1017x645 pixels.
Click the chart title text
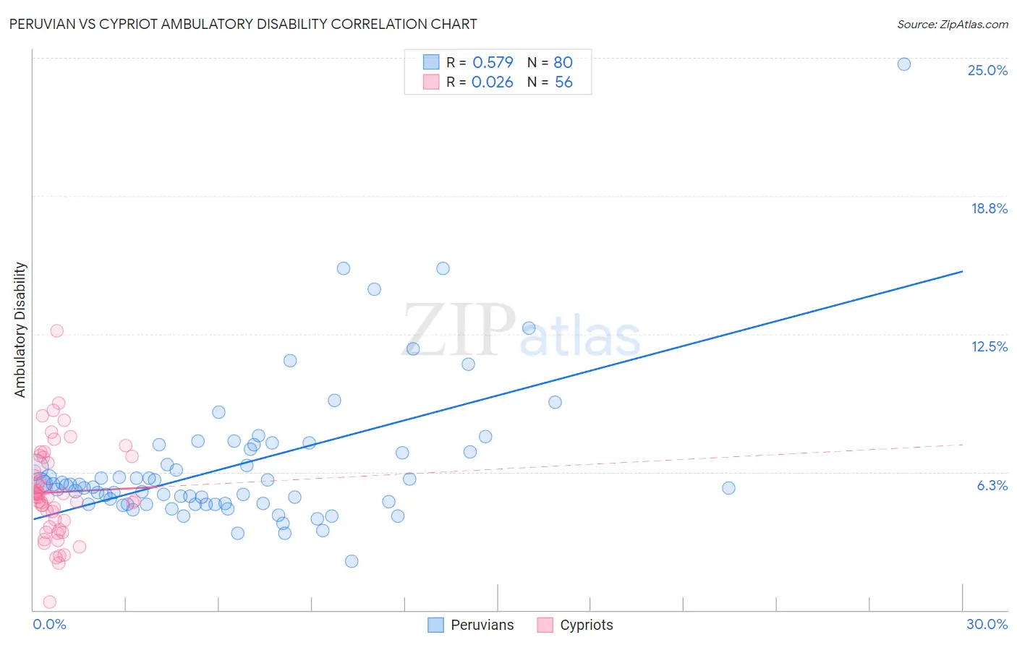point(243,24)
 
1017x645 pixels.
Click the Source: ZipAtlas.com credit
point(952,25)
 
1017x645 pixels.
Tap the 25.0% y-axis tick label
point(987,70)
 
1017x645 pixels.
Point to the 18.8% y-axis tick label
point(989,208)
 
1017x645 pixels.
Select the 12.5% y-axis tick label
point(989,346)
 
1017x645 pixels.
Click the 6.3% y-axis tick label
point(992,485)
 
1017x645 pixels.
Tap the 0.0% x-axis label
point(49,624)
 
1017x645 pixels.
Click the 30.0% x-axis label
point(987,624)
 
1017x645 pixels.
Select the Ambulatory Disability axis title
point(20,330)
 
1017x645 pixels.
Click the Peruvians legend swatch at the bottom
point(435,625)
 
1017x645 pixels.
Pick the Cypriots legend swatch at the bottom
point(545,625)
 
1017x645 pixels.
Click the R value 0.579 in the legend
point(493,62)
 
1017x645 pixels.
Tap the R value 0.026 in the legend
point(492,82)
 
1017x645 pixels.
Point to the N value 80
point(563,62)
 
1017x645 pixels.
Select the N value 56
point(563,82)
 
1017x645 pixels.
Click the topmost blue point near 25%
point(903,64)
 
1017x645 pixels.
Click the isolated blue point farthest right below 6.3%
point(728,488)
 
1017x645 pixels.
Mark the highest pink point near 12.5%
point(56,330)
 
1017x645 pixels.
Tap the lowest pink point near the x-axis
point(50,602)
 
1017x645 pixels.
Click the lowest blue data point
point(352,561)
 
